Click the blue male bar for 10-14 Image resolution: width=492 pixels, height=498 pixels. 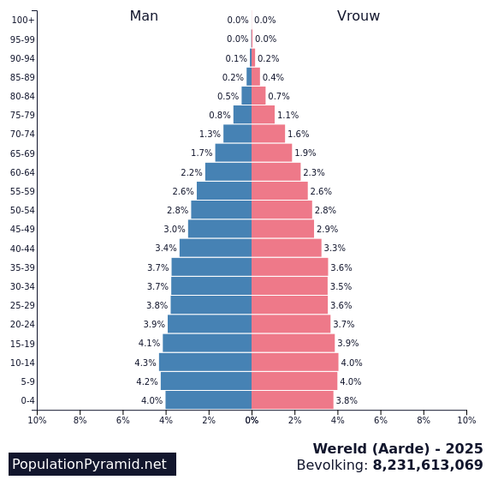click(205, 362)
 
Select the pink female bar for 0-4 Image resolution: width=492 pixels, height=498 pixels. click(293, 400)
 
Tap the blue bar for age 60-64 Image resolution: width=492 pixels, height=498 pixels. click(228, 172)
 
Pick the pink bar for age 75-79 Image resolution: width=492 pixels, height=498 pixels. click(264, 115)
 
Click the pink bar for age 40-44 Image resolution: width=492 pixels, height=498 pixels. click(287, 248)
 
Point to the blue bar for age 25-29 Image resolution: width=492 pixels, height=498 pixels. click(211, 305)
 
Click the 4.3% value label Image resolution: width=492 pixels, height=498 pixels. click(145, 363)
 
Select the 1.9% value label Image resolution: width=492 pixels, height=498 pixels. click(305, 153)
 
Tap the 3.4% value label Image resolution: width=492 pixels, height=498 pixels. click(166, 249)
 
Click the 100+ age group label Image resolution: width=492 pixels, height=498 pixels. click(23, 20)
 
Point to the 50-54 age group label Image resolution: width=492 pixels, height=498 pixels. click(22, 210)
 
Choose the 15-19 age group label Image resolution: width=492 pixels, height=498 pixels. click(22, 343)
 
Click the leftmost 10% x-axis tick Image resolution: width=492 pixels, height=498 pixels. click(37, 420)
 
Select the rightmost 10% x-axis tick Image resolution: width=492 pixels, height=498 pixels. click(466, 420)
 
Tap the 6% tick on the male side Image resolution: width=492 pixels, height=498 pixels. click(123, 420)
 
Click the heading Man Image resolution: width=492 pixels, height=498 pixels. click(144, 16)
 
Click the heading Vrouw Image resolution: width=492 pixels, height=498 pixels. click(359, 16)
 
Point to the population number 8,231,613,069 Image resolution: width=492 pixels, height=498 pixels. click(428, 465)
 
